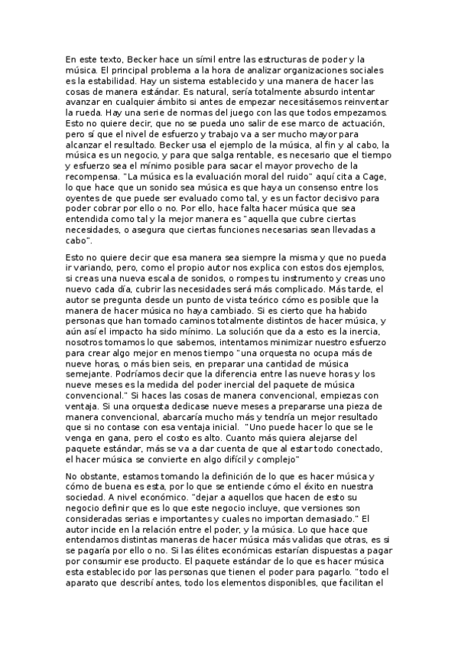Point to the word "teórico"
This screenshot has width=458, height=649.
[x=254, y=299]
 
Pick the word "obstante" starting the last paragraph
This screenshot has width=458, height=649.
[x=94, y=477]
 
